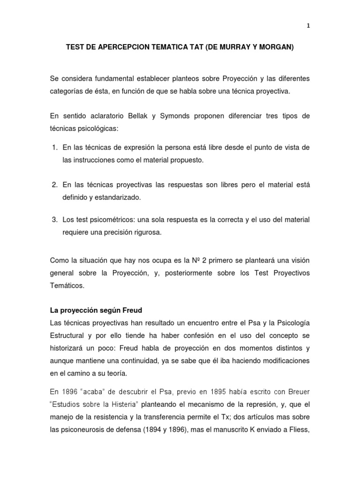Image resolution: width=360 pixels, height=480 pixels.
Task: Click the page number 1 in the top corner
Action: [308, 26]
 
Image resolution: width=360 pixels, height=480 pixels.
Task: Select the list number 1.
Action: [53, 148]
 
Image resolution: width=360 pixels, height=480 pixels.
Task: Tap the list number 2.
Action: [53, 185]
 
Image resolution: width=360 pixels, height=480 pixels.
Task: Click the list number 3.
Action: [53, 220]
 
